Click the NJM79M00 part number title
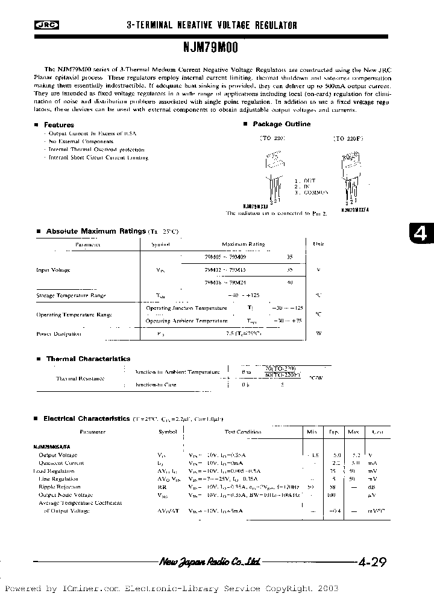pyautogui.click(x=211, y=45)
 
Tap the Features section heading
pyautogui.click(x=59, y=125)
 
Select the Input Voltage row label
pyautogui.click(x=53, y=270)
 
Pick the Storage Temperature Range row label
pyautogui.click(x=71, y=296)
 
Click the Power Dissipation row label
pyautogui.click(x=58, y=334)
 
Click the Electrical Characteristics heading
pyautogui.click(x=87, y=418)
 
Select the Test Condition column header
pyautogui.click(x=243, y=432)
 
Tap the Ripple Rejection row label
pyautogui.click(x=59, y=486)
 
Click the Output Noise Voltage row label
pyautogui.click(x=64, y=494)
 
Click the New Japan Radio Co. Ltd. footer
pyautogui.click(x=210, y=561)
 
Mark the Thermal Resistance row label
pyautogui.click(x=80, y=378)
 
